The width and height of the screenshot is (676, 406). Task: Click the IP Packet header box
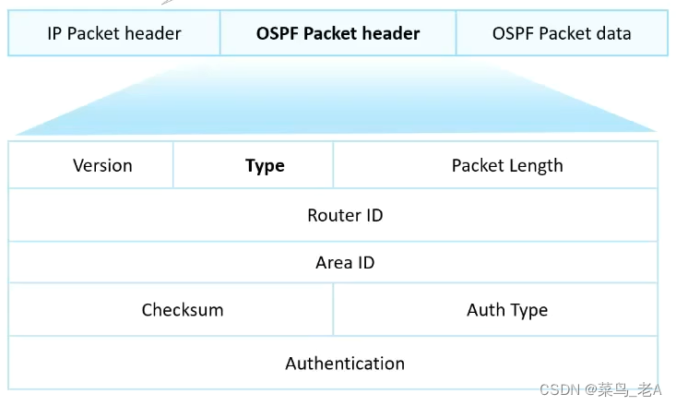(x=114, y=33)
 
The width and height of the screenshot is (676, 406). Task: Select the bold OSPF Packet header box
(x=338, y=33)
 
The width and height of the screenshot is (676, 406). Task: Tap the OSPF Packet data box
(x=562, y=33)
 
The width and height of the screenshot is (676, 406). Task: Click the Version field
(x=102, y=165)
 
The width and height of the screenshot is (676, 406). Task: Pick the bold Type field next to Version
(x=265, y=166)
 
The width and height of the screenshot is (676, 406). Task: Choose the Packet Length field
(x=506, y=165)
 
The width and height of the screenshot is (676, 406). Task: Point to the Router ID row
(x=345, y=215)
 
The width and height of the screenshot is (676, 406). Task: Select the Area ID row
(x=345, y=263)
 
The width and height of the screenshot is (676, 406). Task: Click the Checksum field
(x=183, y=310)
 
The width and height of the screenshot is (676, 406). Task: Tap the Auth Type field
(x=506, y=310)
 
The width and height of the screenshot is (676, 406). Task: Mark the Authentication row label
(x=345, y=364)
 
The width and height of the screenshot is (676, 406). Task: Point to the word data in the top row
(x=612, y=34)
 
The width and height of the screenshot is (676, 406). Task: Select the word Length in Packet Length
(x=535, y=166)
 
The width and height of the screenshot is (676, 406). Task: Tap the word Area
(x=333, y=263)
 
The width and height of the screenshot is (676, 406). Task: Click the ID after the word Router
(x=373, y=215)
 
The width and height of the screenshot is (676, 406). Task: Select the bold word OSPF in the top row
(x=278, y=34)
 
